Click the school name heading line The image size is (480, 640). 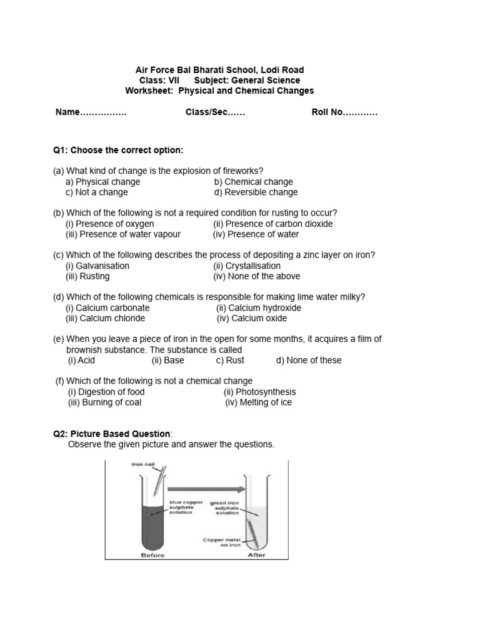220,70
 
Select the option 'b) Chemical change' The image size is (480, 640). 253,182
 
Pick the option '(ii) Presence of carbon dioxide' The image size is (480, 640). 272,224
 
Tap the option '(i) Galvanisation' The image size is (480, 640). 97,266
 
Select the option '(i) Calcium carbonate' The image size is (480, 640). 107,307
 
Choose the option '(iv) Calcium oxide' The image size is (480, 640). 252,318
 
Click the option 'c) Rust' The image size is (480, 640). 230,360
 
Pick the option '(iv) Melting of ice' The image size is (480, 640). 258,402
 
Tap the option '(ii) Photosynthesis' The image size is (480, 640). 260,392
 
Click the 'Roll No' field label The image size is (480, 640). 344,112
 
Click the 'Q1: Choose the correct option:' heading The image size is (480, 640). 118,151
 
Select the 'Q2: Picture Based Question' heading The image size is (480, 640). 112,434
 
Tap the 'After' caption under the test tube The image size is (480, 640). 256,555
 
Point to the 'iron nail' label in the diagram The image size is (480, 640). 142,464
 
